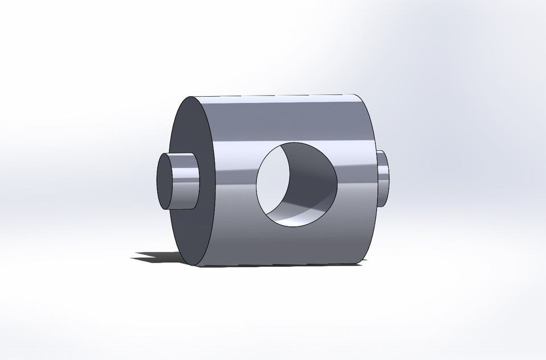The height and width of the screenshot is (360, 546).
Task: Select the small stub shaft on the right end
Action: point(384,178)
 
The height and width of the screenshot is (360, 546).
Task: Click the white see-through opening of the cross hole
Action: point(274,181)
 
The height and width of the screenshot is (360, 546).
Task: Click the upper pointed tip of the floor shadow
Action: point(136,253)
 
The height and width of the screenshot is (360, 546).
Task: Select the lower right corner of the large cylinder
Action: point(359,263)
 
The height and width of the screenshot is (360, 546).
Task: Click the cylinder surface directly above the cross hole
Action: point(296,119)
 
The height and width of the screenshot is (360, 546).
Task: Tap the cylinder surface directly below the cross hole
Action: point(296,245)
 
